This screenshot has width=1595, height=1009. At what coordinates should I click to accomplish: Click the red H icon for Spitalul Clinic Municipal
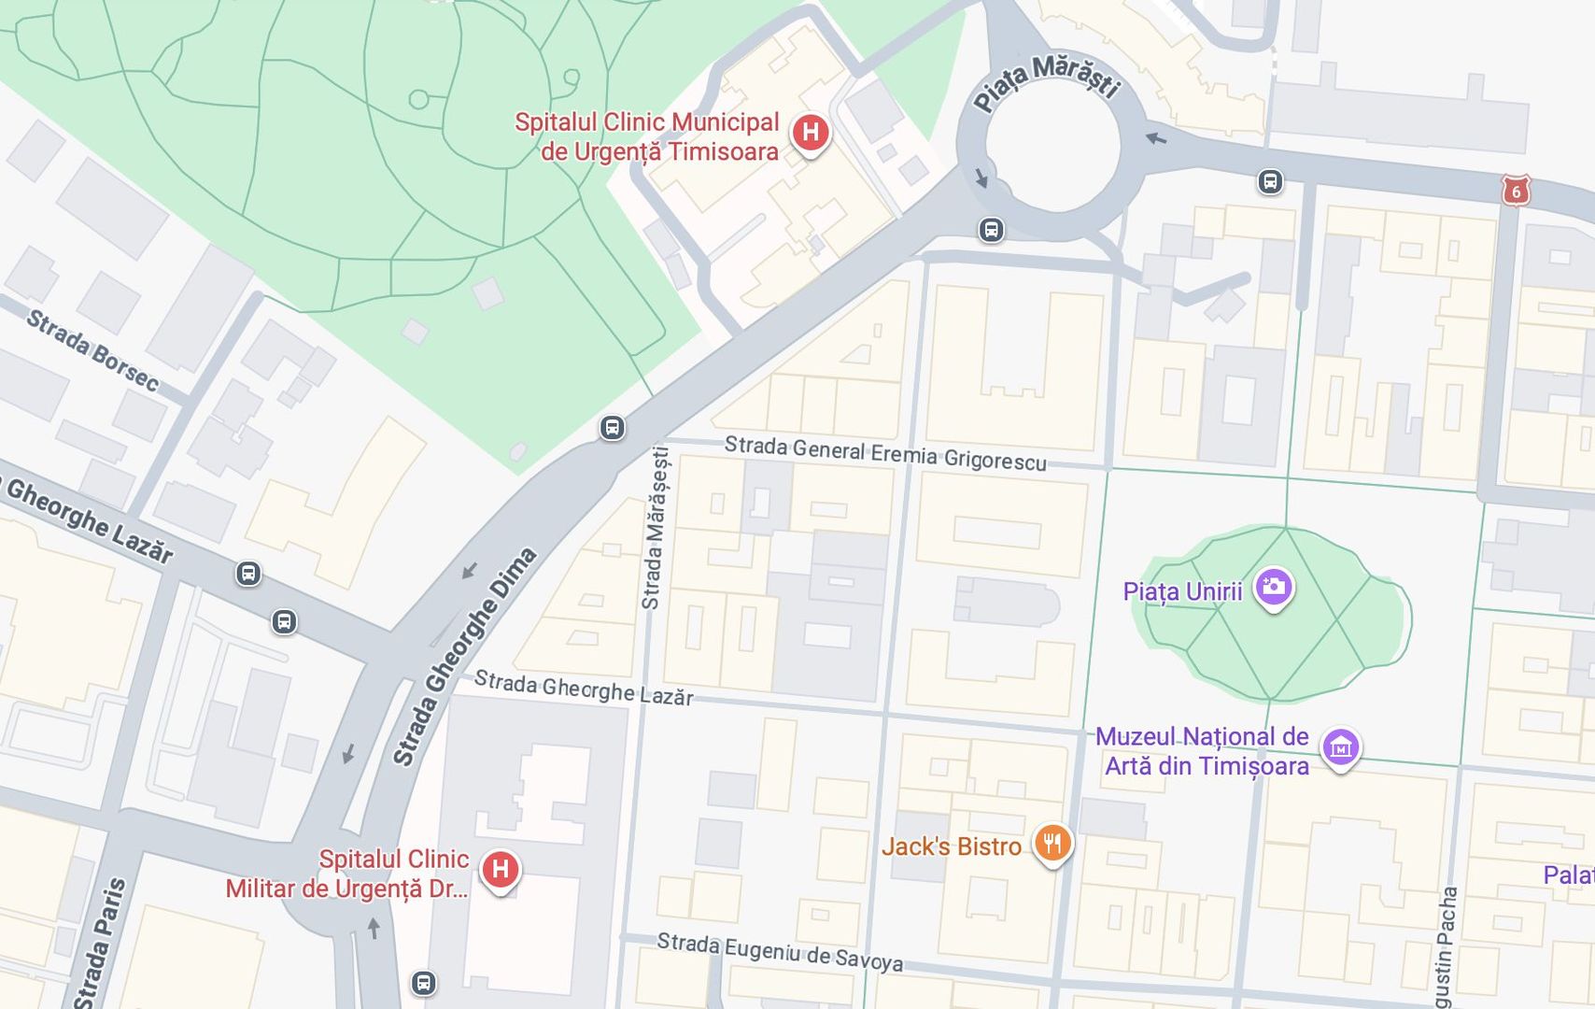pyautogui.click(x=811, y=133)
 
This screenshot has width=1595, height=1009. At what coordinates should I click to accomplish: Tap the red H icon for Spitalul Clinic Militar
pyautogui.click(x=500, y=869)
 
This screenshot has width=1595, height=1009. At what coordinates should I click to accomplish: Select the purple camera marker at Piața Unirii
pyautogui.click(x=1274, y=588)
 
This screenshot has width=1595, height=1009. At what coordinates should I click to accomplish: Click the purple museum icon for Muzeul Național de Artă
pyautogui.click(x=1341, y=747)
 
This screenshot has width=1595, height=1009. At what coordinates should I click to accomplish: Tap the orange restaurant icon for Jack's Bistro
pyautogui.click(x=1052, y=844)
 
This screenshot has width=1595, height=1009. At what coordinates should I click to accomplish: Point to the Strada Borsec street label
pyautogui.click(x=92, y=349)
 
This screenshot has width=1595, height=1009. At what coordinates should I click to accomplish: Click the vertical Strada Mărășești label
pyautogui.click(x=655, y=528)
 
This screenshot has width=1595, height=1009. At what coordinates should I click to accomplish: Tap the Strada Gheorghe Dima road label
pyautogui.click(x=464, y=656)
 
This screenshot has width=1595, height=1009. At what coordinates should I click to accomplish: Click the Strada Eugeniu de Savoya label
pyautogui.click(x=780, y=951)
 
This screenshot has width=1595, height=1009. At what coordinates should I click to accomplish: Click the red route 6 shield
pyautogui.click(x=1516, y=192)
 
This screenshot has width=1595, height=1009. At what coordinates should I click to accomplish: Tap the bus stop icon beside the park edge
pyautogui.click(x=612, y=428)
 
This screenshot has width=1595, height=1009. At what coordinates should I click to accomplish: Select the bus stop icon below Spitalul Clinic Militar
pyautogui.click(x=423, y=983)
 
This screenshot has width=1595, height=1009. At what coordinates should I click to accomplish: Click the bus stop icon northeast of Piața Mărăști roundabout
pyautogui.click(x=1269, y=181)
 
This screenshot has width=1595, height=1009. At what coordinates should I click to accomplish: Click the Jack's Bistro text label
pyautogui.click(x=952, y=846)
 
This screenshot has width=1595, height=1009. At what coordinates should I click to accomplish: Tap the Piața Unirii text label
pyautogui.click(x=1182, y=591)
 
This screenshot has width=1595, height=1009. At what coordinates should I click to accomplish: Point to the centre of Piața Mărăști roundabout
pyautogui.click(x=1051, y=149)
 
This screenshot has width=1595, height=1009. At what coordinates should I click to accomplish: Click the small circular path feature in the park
pyautogui.click(x=418, y=99)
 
